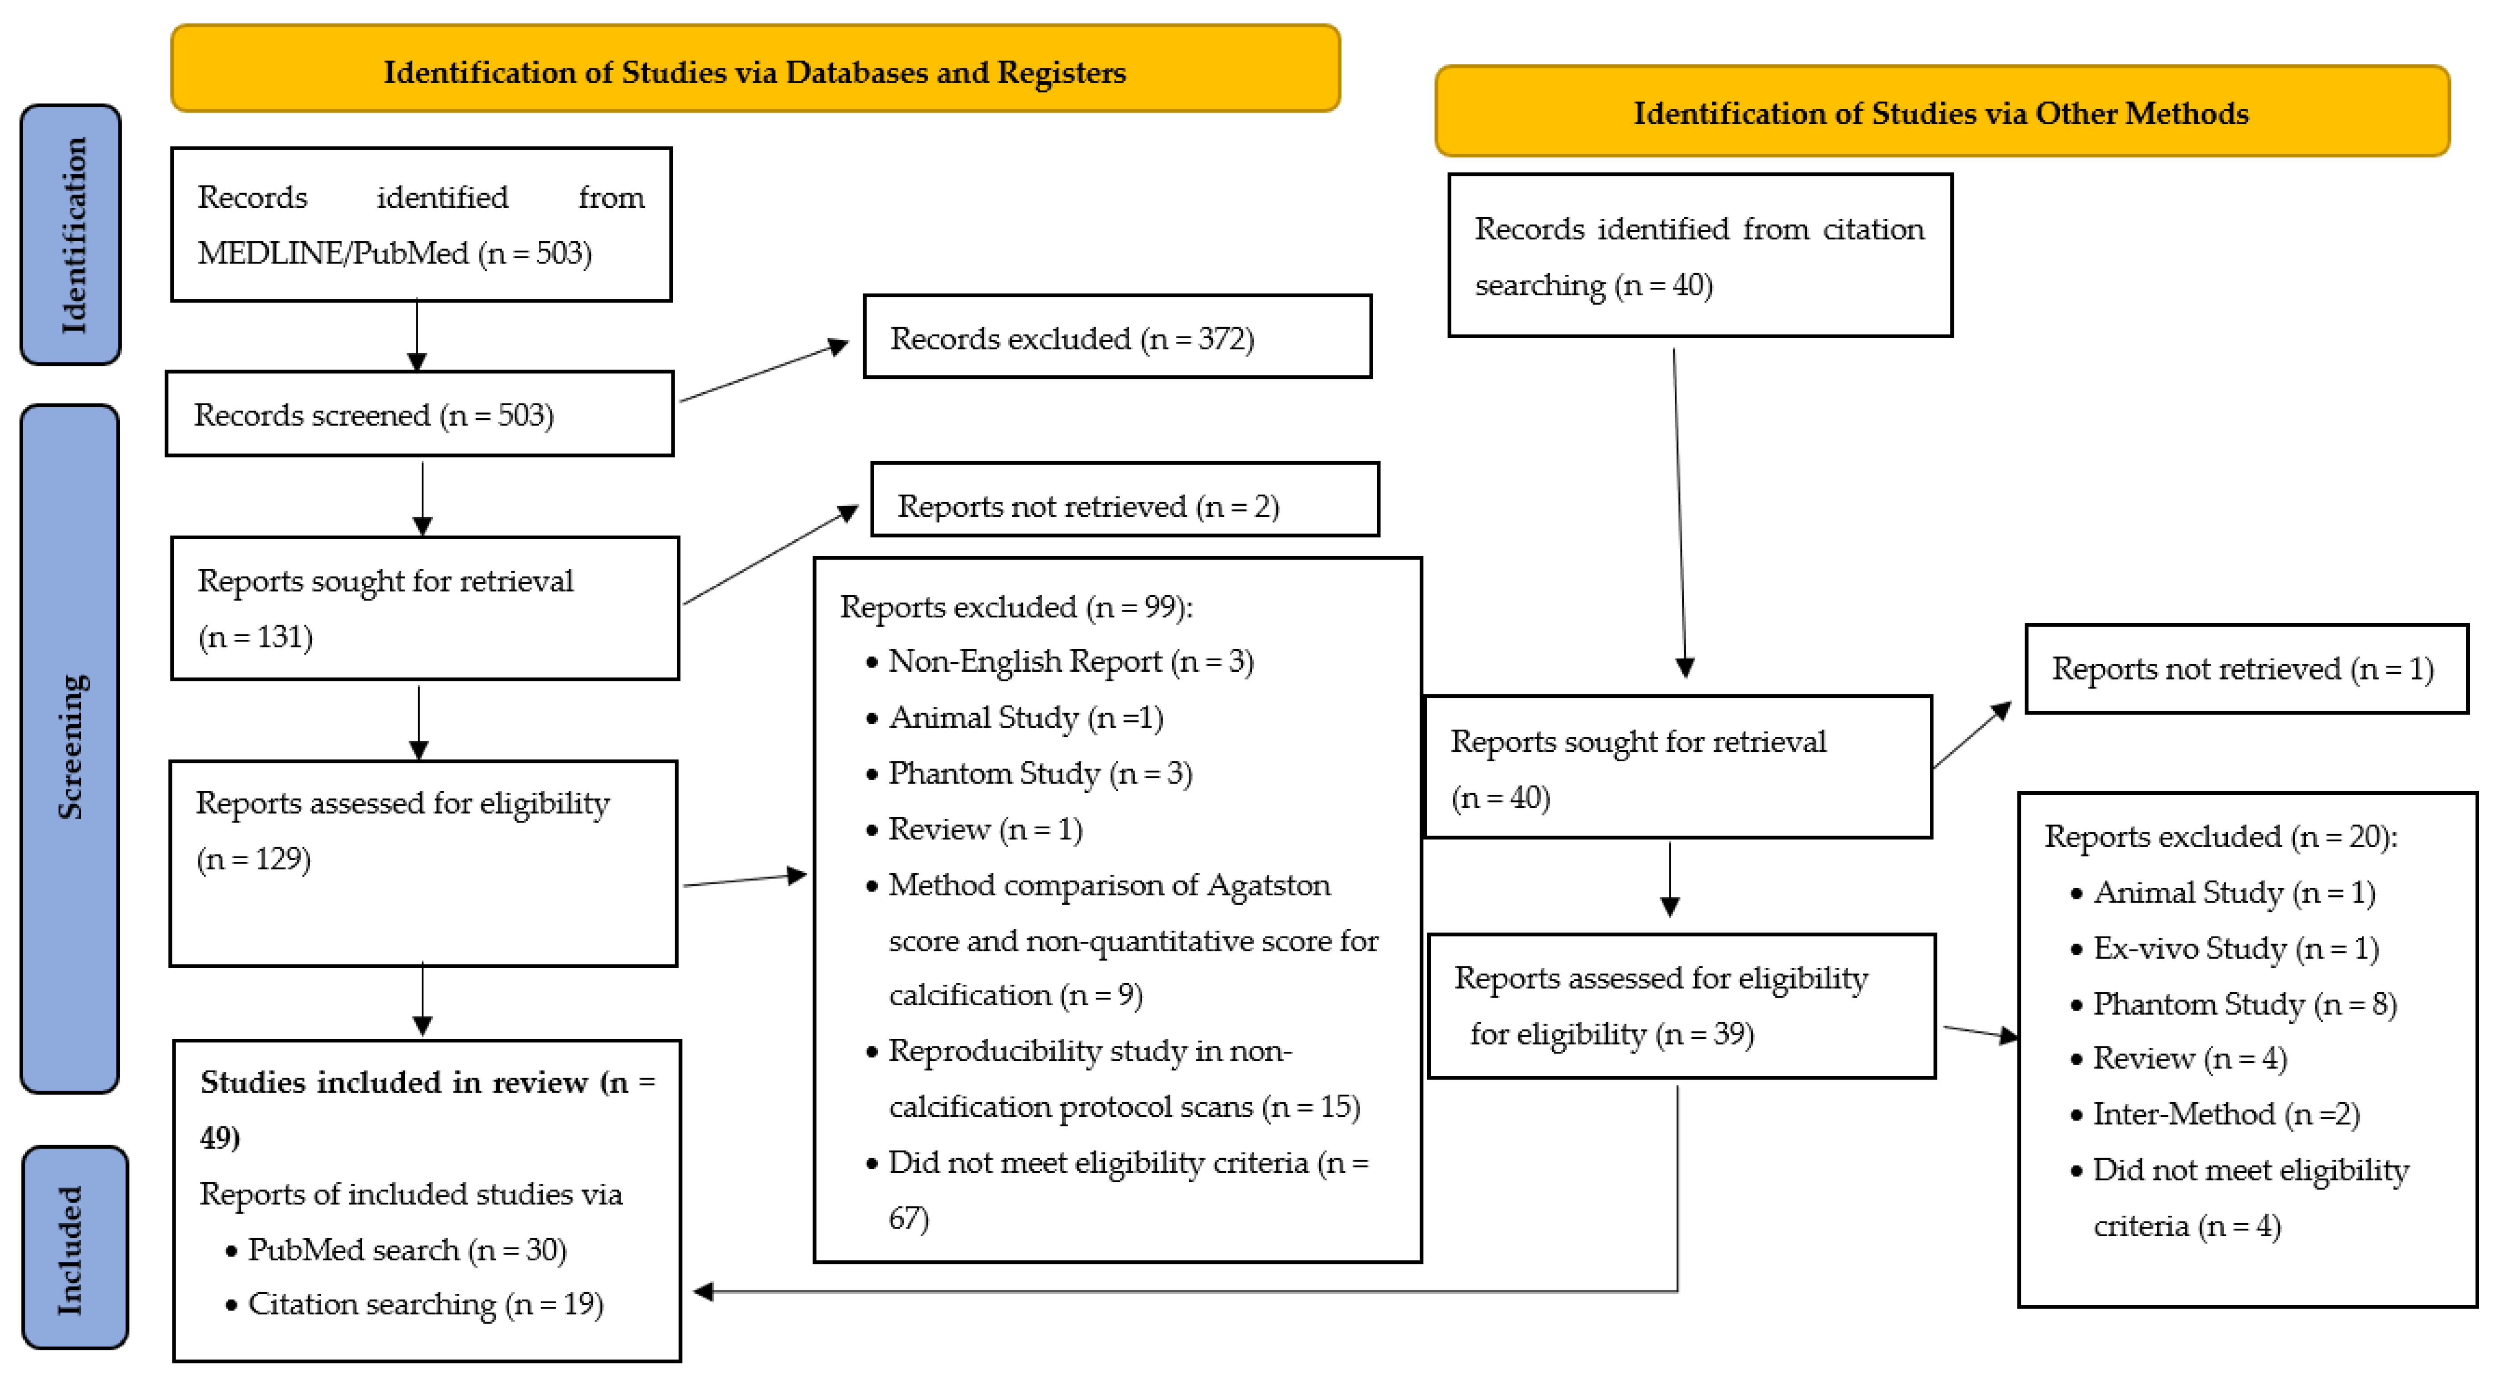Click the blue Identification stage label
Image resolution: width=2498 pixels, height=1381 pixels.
pyautogui.click(x=71, y=235)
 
